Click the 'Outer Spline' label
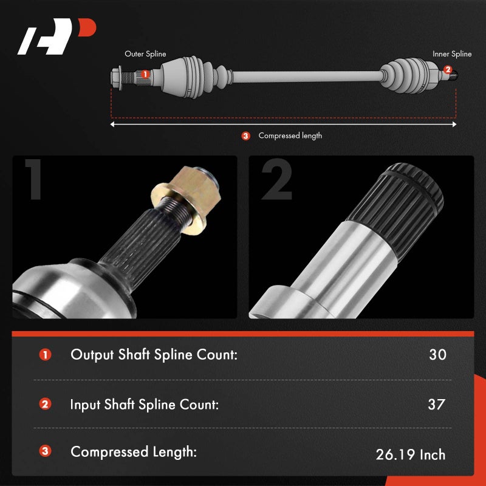145,54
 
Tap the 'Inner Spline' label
452,54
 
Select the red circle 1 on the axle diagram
145,75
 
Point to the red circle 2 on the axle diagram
448,70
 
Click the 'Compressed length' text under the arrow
290,135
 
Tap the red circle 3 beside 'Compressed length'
245,136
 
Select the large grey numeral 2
276,180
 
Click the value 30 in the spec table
437,355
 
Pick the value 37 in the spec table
436,404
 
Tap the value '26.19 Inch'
411,454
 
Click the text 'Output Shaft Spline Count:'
154,355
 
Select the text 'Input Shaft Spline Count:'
145,404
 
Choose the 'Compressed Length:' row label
134,452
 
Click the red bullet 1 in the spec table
45,355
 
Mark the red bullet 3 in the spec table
45,452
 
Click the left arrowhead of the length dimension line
112,125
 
